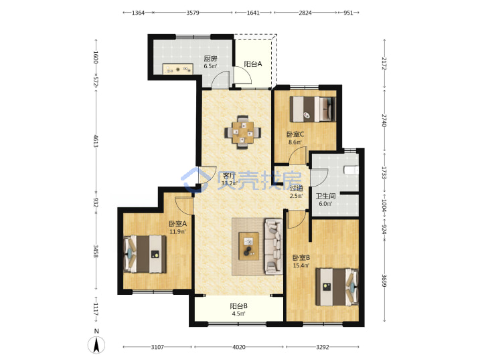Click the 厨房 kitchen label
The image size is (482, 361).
coord(211,58)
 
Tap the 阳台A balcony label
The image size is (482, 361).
coord(253,64)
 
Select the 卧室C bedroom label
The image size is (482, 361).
coord(295,134)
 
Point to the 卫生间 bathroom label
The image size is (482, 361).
coord(325,196)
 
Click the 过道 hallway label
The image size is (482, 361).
coord(297,188)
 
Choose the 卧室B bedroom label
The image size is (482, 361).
coord(301,257)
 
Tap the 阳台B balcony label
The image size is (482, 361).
coord(239,306)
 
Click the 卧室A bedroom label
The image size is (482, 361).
coord(177,223)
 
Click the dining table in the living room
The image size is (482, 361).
coord(243,132)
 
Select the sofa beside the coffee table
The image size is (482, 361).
coord(274,246)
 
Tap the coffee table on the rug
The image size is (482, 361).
coord(248,246)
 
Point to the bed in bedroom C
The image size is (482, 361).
coord(313,109)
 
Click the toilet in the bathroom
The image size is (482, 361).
coord(351,170)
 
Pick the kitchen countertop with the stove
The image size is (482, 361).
coord(177,69)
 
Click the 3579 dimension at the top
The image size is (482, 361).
coord(193,13)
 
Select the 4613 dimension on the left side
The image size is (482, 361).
coord(96,141)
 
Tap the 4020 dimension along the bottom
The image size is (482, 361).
coord(239,347)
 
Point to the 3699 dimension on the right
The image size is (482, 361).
coord(384,280)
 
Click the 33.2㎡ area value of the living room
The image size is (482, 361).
coord(230,184)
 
